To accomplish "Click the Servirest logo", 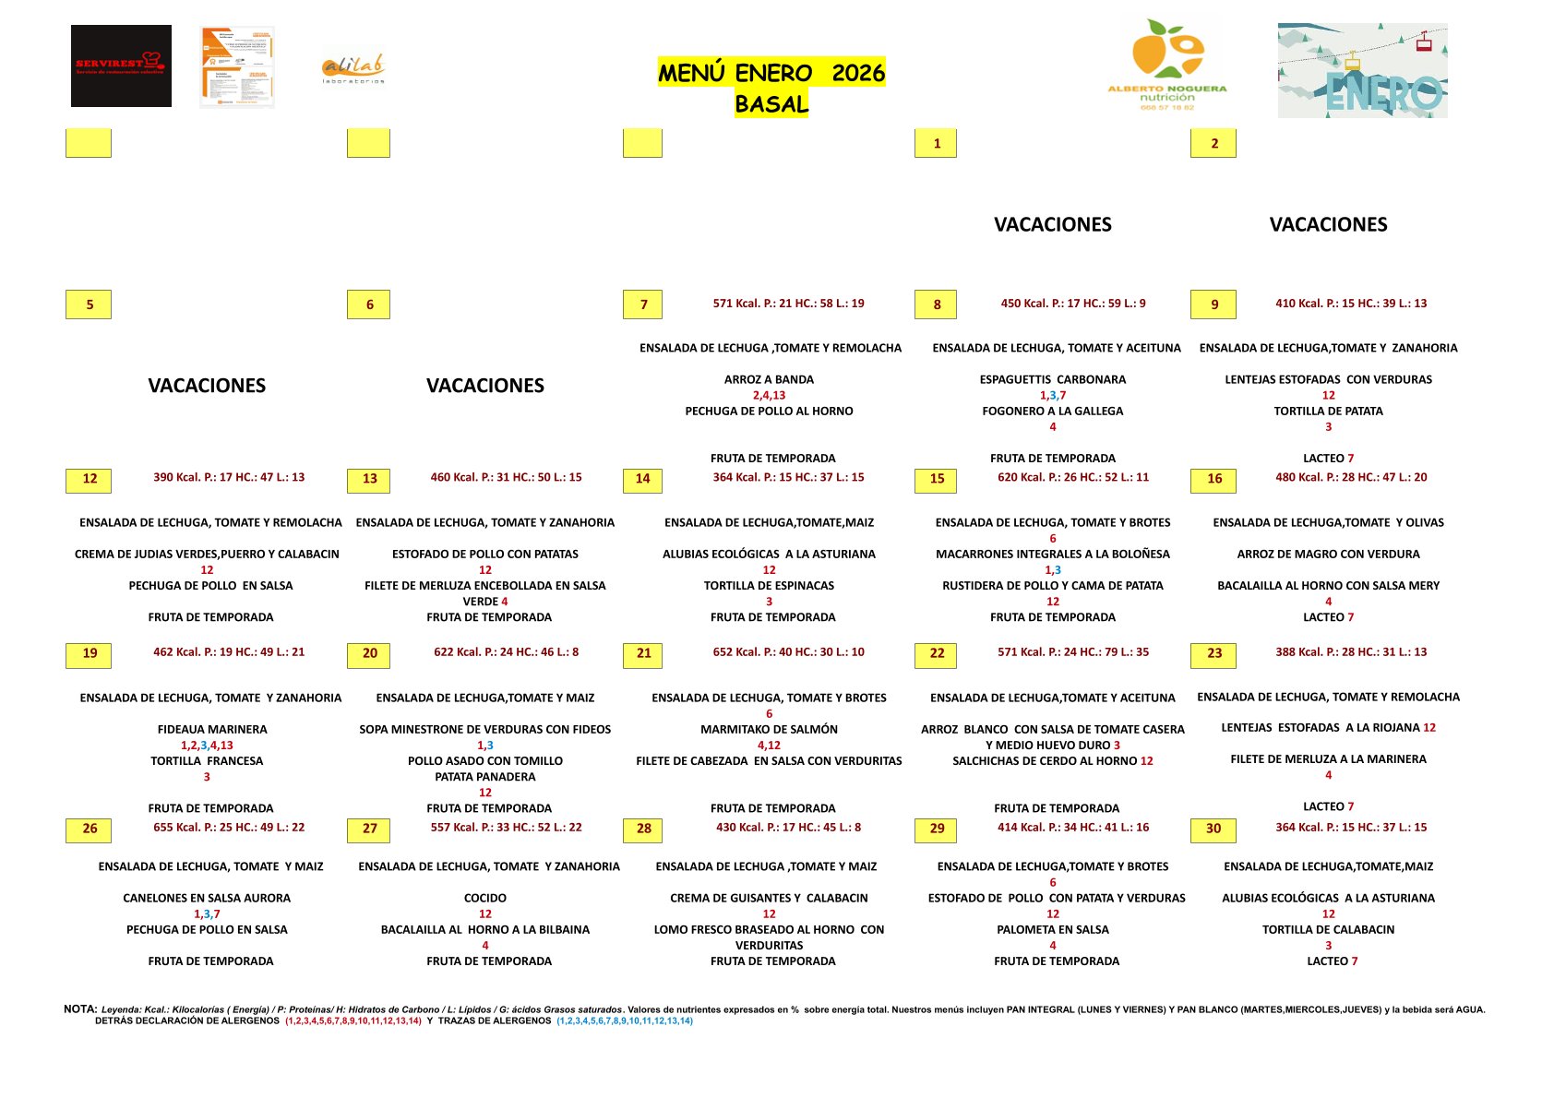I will (121, 66).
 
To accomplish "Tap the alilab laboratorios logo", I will (353, 69).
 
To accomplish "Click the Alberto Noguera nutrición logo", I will (1167, 66).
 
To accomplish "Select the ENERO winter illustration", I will (1362, 71).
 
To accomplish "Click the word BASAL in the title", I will (771, 104).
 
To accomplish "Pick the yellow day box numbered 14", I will (643, 479).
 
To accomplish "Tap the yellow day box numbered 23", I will (1213, 654).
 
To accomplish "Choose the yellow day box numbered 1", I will (936, 143).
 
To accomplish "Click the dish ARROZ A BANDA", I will (769, 379).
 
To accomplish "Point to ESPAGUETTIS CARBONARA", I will (1052, 379).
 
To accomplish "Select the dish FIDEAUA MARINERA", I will (212, 729).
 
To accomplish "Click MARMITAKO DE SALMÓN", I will (769, 729).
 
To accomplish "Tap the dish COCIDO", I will (485, 898).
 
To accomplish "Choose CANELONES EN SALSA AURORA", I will (207, 898).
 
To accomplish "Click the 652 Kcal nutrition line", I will (788, 652).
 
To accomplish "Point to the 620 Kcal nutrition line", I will (1072, 478).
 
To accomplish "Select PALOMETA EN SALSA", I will (1052, 929).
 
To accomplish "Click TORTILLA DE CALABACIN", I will (1328, 929).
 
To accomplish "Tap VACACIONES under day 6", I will (485, 386).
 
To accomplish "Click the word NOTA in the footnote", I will (80, 1009).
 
